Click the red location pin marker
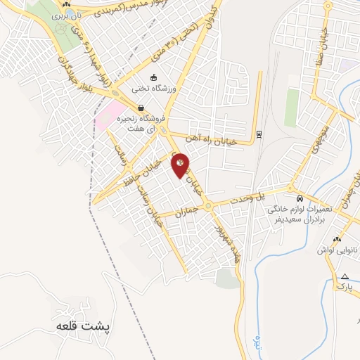(x=180, y=165)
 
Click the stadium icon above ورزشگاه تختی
(x=153, y=77)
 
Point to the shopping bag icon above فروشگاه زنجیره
(x=142, y=109)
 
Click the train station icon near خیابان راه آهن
(x=259, y=134)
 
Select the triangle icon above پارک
(x=345, y=276)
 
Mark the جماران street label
(x=188, y=210)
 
